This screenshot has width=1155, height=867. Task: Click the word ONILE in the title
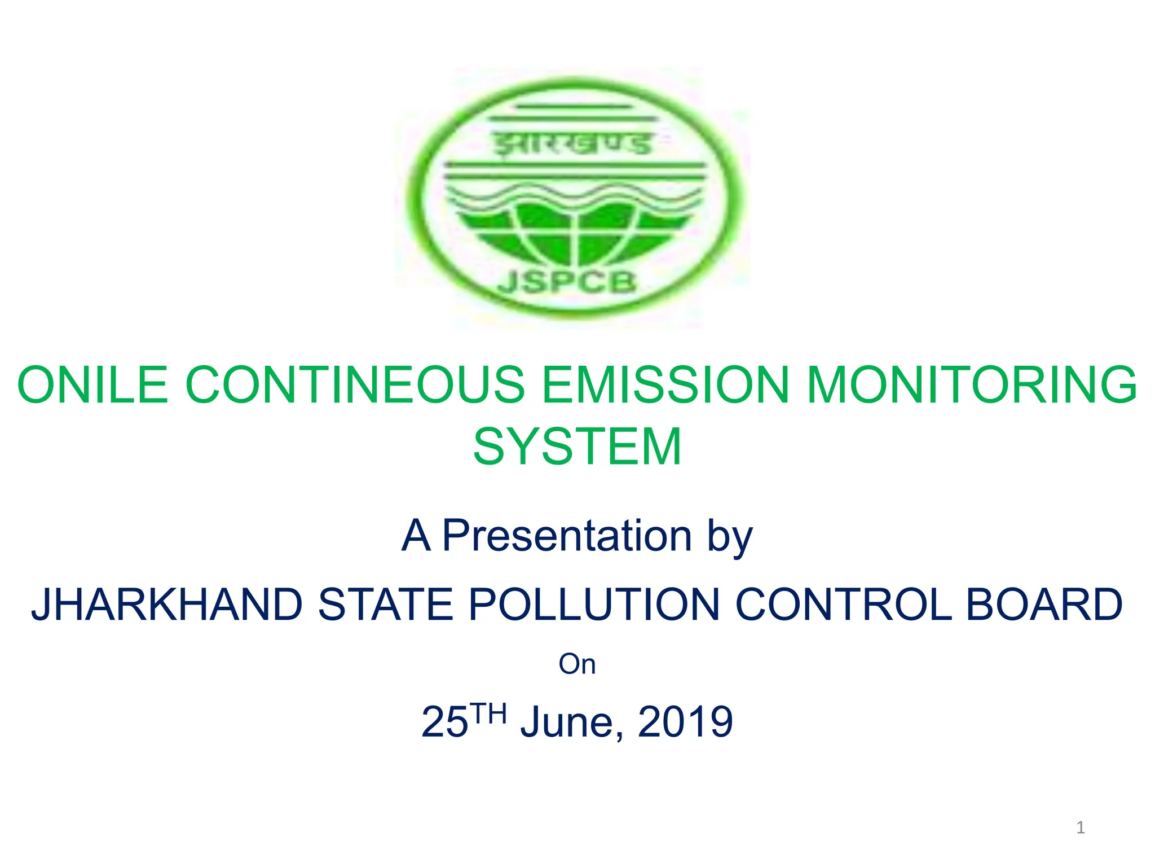click(x=92, y=385)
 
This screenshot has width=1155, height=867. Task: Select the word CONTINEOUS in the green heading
click(x=355, y=385)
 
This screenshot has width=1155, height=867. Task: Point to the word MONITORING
click(x=972, y=385)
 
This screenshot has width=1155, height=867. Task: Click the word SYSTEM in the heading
click(x=577, y=446)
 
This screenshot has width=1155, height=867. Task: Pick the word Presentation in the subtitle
click(x=567, y=535)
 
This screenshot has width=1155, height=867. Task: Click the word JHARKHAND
click(x=167, y=605)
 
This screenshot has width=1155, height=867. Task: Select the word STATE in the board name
click(x=386, y=605)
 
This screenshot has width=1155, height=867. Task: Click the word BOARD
click(x=1044, y=605)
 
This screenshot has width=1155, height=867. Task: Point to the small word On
click(x=577, y=664)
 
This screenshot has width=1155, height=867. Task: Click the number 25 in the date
click(x=444, y=722)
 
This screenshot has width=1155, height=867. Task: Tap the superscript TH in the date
click(x=488, y=713)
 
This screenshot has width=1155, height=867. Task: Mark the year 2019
click(x=685, y=722)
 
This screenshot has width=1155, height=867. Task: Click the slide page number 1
click(x=1081, y=827)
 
